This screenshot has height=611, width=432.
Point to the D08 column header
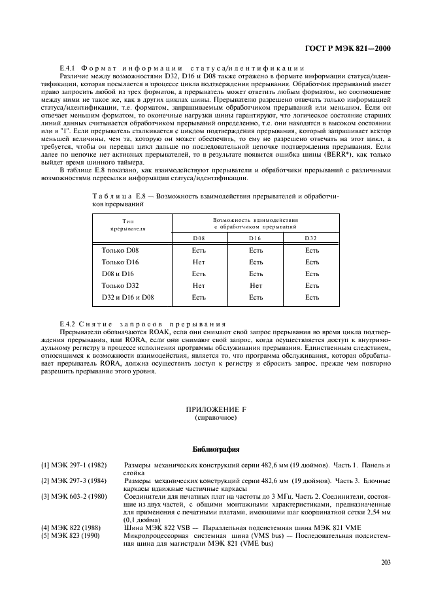point(199,238)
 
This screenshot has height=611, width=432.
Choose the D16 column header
point(256,238)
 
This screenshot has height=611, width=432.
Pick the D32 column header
point(311,238)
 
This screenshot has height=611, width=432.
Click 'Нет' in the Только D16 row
point(199,262)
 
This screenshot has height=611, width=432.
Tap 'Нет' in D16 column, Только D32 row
point(256,285)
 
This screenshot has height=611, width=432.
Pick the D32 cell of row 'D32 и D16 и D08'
point(312,297)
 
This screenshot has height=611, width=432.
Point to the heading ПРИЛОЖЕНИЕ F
point(215,409)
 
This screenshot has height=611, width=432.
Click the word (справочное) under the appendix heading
point(215,417)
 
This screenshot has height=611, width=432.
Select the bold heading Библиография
point(216,449)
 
